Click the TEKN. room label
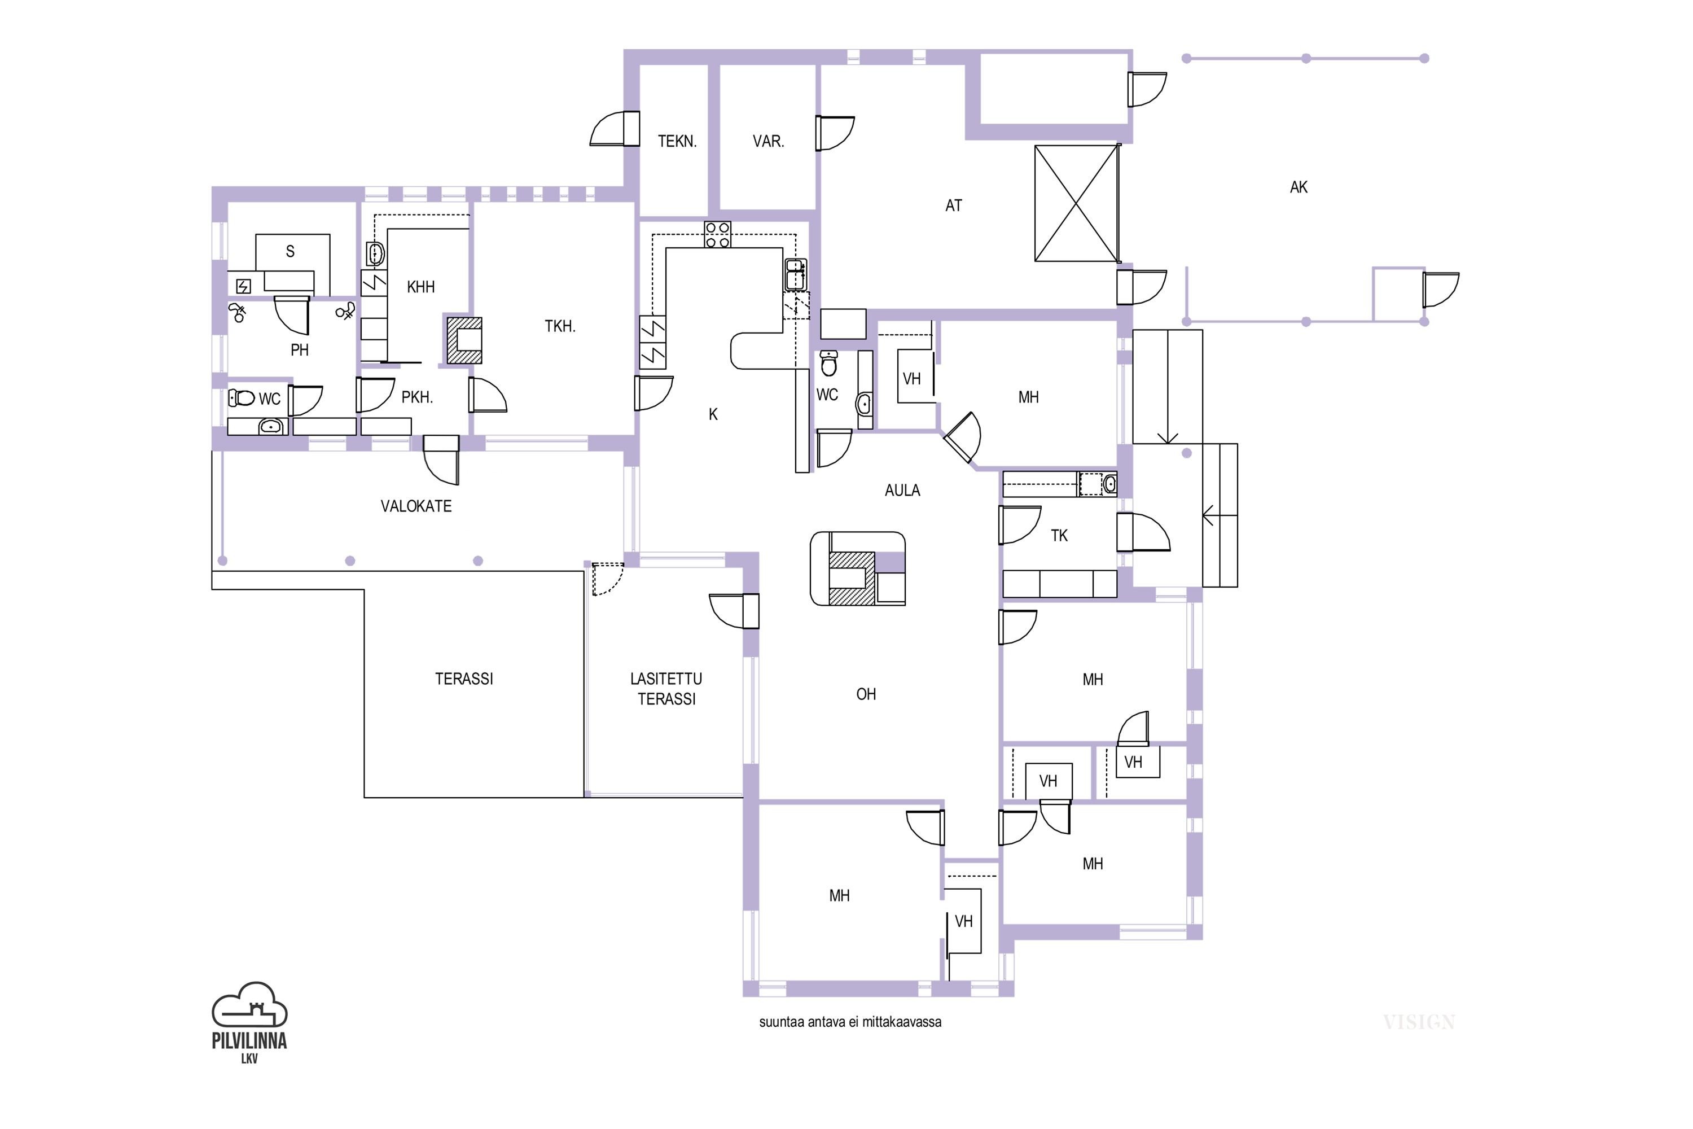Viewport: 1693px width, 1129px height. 677,141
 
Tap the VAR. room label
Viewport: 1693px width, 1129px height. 768,141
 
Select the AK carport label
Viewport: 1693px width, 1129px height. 1299,187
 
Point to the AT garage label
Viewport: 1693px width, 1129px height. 954,206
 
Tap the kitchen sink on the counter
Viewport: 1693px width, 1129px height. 795,274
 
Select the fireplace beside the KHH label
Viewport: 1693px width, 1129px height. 463,340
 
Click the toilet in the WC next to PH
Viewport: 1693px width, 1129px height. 243,397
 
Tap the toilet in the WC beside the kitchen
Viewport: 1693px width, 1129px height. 829,364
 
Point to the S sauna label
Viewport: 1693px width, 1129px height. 290,251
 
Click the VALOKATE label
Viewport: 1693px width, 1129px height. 416,506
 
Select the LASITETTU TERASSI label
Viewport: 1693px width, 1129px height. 666,688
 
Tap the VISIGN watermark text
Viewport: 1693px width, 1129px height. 1419,1022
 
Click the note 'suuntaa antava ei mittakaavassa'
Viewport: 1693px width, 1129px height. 850,1022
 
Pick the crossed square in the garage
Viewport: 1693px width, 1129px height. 1076,203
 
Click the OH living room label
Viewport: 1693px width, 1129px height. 866,694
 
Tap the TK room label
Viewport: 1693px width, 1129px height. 1059,536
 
